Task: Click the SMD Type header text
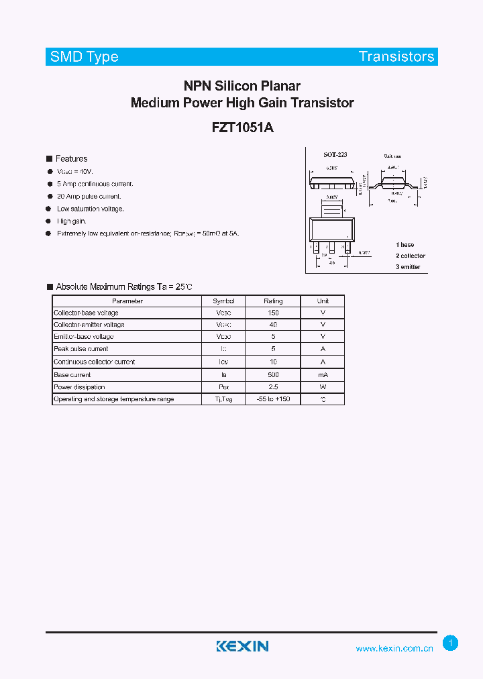pyautogui.click(x=84, y=57)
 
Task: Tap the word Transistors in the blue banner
pyautogui.click(x=396, y=57)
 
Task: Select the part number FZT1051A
pyautogui.click(x=242, y=127)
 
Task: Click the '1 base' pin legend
pyautogui.click(x=405, y=245)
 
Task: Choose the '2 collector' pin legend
pyautogui.click(x=410, y=256)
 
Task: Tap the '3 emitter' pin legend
pyautogui.click(x=408, y=266)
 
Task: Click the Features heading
pyautogui.click(x=71, y=159)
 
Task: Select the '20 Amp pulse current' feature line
pyautogui.click(x=89, y=197)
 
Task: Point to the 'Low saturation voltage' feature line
pyautogui.click(x=91, y=209)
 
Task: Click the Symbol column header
pyautogui.click(x=223, y=301)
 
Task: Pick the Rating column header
pyautogui.click(x=273, y=301)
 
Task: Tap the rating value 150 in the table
pyautogui.click(x=273, y=313)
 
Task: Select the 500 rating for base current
pyautogui.click(x=273, y=374)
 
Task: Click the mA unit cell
pyautogui.click(x=323, y=374)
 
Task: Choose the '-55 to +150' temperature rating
pyautogui.click(x=273, y=399)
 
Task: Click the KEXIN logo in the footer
pyautogui.click(x=242, y=646)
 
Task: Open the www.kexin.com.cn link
pyautogui.click(x=394, y=649)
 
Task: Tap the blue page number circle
pyautogui.click(x=451, y=643)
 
